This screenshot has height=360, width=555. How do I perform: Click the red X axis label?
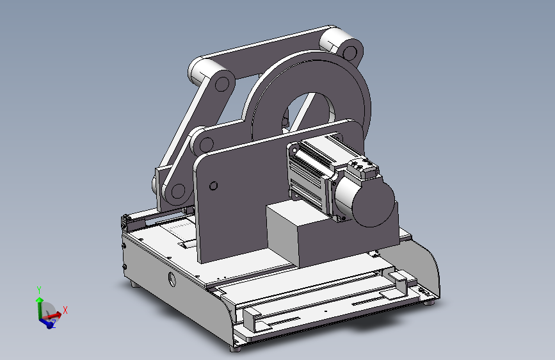(x=65, y=310)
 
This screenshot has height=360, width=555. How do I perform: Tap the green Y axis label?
(x=39, y=290)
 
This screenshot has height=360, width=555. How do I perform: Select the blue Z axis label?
(x=54, y=323)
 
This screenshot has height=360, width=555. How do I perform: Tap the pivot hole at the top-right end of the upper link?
(x=350, y=53)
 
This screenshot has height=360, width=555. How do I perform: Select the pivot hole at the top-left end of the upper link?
(x=222, y=85)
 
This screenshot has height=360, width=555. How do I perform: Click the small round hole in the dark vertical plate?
(x=213, y=186)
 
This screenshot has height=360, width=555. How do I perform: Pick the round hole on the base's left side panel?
(x=172, y=279)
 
